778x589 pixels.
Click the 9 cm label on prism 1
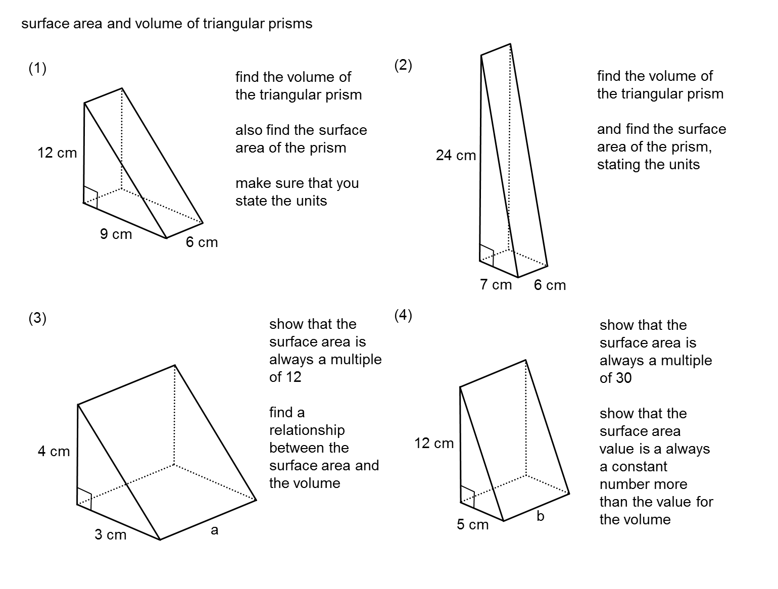[x=116, y=234]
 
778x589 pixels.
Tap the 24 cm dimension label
[x=456, y=156]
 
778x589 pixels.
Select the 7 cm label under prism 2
[x=496, y=285]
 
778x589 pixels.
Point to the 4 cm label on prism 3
[x=54, y=452]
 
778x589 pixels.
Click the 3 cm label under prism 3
[x=110, y=534]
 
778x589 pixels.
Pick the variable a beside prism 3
[x=214, y=530]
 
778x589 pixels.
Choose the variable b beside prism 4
[x=540, y=516]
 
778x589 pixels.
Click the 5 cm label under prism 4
[x=472, y=525]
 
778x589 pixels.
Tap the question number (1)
[x=37, y=68]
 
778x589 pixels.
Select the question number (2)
[x=403, y=65]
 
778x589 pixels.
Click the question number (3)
[x=37, y=318]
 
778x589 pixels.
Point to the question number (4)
[x=403, y=316]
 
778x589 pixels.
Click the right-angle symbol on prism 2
[x=487, y=255]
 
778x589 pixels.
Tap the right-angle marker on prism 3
[x=84, y=498]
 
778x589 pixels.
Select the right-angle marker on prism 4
[x=468, y=496]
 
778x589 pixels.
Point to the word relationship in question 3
[x=307, y=430]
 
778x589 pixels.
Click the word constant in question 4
[x=639, y=467]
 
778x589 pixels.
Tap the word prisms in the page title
[x=290, y=24]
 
